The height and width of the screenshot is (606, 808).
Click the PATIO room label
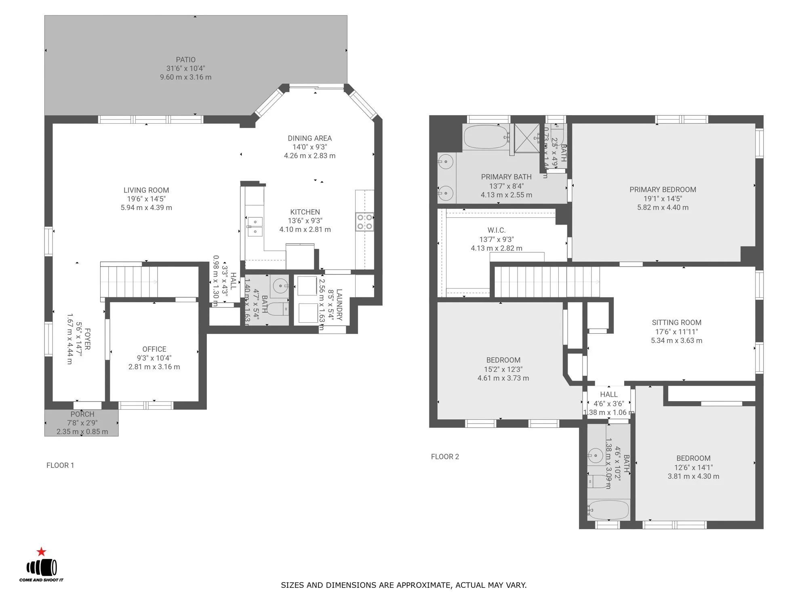pyautogui.click(x=185, y=60)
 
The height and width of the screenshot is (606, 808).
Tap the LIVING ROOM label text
pyautogui.click(x=146, y=190)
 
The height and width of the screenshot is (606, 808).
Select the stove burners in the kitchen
pyautogui.click(x=364, y=222)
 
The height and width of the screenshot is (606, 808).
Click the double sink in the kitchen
pyautogui.click(x=255, y=226)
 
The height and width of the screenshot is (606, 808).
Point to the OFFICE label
pyautogui.click(x=154, y=349)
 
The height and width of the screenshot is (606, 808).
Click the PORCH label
pyautogui.click(x=82, y=415)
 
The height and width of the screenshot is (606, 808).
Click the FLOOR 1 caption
pyautogui.click(x=60, y=465)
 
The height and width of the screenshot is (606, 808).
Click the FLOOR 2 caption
pyautogui.click(x=445, y=457)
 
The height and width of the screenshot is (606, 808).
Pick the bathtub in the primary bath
pyautogui.click(x=486, y=137)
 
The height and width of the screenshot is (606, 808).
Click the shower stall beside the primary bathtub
pyautogui.click(x=527, y=138)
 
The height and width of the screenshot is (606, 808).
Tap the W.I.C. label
pyautogui.click(x=496, y=230)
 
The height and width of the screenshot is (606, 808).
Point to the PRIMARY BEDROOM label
pyautogui.click(x=663, y=189)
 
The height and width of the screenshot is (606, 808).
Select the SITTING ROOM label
pyautogui.click(x=676, y=322)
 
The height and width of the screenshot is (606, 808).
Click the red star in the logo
pyautogui.click(x=41, y=552)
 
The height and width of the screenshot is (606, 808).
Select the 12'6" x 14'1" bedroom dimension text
pyautogui.click(x=693, y=467)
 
